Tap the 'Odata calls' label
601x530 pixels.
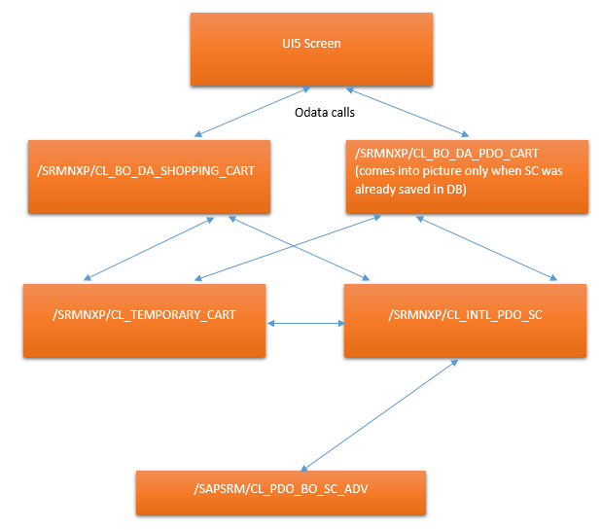[326, 113]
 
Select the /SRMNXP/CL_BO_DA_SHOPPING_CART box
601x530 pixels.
[148, 175]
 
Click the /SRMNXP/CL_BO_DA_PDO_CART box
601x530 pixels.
[467, 175]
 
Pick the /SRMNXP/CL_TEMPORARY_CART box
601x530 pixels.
[144, 320]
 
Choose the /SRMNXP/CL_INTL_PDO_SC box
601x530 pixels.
[464, 320]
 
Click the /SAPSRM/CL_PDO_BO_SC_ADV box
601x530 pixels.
[280, 492]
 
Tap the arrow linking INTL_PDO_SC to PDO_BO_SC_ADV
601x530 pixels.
[379, 414]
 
